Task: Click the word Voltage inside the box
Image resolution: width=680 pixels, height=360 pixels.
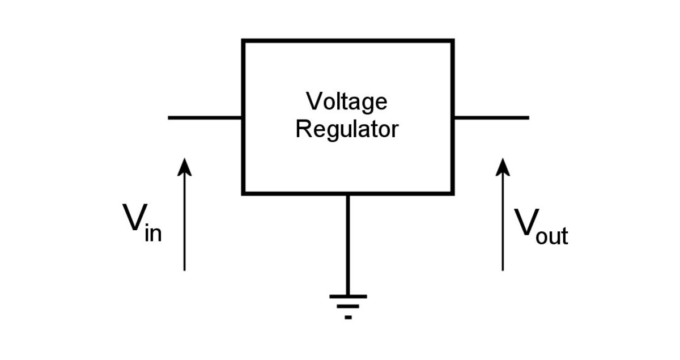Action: click(347, 102)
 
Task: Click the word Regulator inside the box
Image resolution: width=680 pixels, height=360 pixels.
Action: click(347, 129)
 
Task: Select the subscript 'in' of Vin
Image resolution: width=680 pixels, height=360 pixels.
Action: click(153, 233)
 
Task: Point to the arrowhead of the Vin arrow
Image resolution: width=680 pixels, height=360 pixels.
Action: click(184, 167)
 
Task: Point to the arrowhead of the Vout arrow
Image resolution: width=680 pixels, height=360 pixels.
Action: click(503, 167)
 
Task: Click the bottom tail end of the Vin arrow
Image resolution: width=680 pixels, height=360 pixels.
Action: click(184, 269)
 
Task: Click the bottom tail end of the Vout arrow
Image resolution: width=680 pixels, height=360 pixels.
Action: click(503, 269)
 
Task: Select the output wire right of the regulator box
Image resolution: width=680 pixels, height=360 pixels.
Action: click(491, 118)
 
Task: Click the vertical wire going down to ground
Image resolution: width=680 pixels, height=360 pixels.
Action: click(347, 244)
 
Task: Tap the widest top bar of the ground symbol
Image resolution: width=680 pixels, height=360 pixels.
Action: click(347, 296)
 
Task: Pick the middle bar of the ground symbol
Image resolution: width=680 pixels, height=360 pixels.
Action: click(347, 307)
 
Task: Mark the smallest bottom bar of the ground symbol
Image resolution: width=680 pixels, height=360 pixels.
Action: click(347, 317)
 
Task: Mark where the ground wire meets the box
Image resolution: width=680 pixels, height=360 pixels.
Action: click(347, 194)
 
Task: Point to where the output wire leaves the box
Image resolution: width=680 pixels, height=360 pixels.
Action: click(453, 118)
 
